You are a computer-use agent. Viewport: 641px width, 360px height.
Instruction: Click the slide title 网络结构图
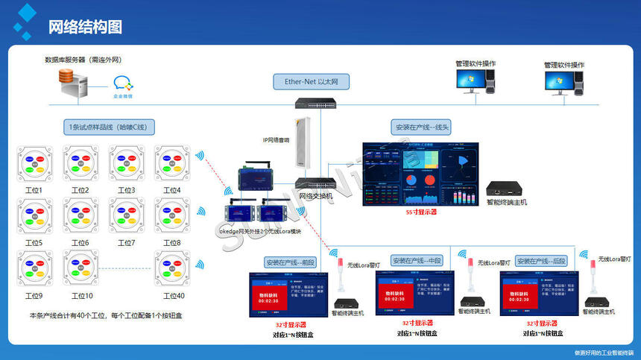(x=85, y=28)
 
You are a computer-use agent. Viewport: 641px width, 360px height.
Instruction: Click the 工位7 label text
(x=127, y=243)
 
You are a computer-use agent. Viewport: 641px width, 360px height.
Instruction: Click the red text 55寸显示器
(x=421, y=212)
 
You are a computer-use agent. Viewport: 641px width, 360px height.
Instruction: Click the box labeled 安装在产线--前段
(x=291, y=262)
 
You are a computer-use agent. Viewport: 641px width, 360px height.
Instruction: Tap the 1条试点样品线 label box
(x=109, y=127)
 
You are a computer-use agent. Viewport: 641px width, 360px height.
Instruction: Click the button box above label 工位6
(x=80, y=217)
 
